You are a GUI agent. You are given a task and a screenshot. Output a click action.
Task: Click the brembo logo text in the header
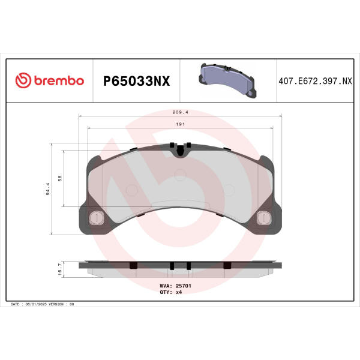pos(59,80)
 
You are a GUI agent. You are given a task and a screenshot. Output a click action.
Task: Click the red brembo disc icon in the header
pos(23,80)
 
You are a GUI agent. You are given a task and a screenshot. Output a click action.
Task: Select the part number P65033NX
pos(136,81)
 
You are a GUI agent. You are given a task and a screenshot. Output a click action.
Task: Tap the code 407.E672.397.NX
pos(315,81)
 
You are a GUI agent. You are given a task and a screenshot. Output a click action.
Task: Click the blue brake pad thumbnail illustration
pos(227,80)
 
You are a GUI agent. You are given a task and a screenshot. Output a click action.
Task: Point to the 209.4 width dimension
pos(180,112)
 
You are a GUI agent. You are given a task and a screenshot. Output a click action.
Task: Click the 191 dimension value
pos(180,124)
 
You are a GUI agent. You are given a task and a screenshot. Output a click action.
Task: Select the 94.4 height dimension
pos(48,189)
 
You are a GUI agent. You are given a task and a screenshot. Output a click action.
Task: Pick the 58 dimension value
pos(60,178)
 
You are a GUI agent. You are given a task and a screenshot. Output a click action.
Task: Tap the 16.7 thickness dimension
pos(60,269)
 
